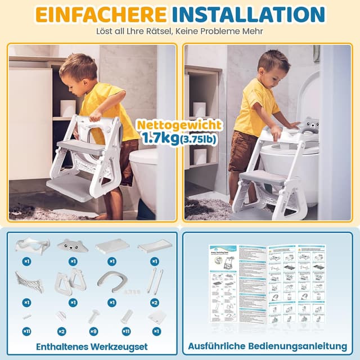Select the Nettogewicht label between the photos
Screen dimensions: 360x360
click(180, 125)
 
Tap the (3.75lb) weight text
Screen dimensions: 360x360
click(199, 138)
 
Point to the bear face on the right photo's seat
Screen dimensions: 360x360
click(310, 125)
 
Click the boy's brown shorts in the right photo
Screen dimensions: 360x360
click(242, 150)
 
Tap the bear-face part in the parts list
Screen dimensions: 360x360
click(73, 245)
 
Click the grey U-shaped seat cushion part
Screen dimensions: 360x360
click(112, 281)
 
